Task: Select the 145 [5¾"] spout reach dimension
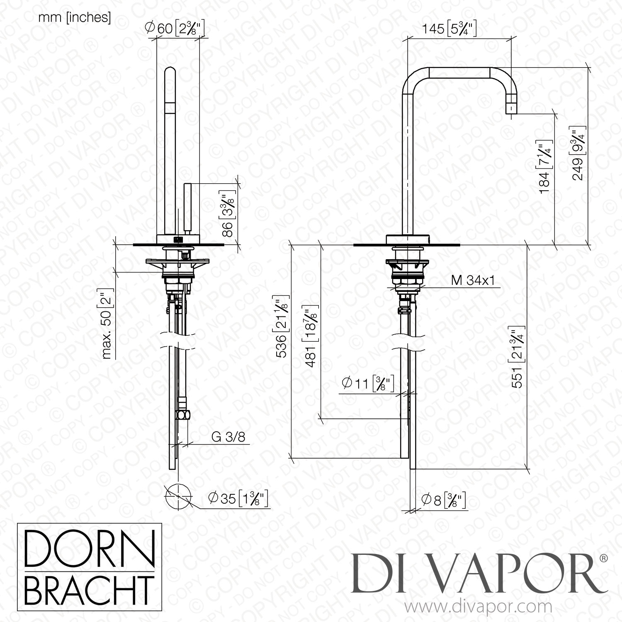pyautogui.click(x=449, y=29)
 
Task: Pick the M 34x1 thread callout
pyautogui.click(x=473, y=281)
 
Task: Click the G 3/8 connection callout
pyautogui.click(x=228, y=437)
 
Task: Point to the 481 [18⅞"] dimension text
pyautogui.click(x=312, y=337)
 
